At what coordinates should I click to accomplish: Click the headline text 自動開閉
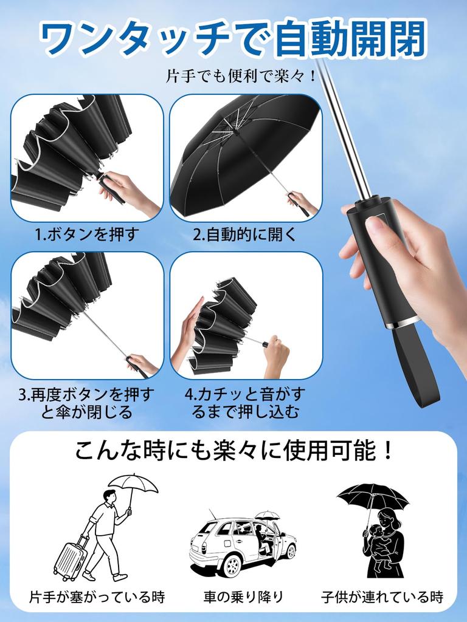pyautogui.click(x=350, y=39)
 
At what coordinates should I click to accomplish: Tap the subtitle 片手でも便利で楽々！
pyautogui.click(x=241, y=77)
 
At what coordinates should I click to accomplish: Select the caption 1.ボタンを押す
pyautogui.click(x=87, y=234)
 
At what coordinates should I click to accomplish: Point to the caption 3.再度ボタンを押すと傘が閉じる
pyautogui.click(x=86, y=403)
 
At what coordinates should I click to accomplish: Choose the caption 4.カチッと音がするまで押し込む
pyautogui.click(x=246, y=403)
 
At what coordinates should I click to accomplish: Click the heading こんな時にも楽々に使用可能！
pyautogui.click(x=234, y=451)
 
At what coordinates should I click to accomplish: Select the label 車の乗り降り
pyautogui.click(x=243, y=596)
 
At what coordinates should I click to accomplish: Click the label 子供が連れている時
pyautogui.click(x=382, y=596)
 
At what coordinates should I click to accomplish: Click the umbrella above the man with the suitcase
pyautogui.click(x=133, y=483)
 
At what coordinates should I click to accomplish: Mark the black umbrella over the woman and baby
pyautogui.click(x=372, y=495)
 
